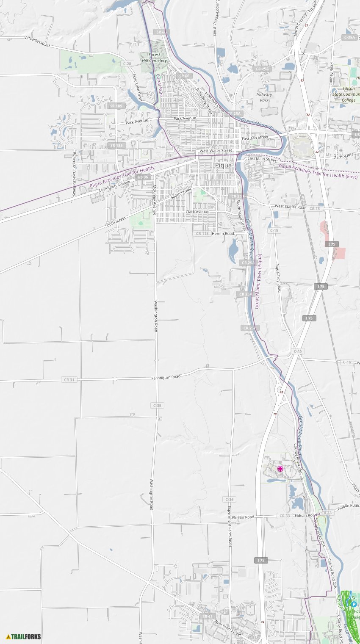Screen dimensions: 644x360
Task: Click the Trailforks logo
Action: (x=24, y=636)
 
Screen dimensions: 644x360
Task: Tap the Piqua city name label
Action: (x=223, y=165)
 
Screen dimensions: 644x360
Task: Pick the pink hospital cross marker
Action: (x=280, y=468)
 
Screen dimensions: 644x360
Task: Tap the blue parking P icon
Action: (x=354, y=605)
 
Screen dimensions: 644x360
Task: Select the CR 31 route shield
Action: (x=69, y=380)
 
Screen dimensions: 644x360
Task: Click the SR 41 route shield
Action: (x=207, y=616)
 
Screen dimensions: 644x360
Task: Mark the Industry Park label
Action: (x=264, y=97)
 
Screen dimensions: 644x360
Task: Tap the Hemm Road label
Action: (x=223, y=233)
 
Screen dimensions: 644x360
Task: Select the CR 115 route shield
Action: (x=202, y=233)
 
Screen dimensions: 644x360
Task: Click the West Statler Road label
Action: (x=290, y=207)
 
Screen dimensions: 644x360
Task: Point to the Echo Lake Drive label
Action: (x=137, y=87)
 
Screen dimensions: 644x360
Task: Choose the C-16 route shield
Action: (x=347, y=362)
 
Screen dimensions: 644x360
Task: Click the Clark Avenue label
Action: (x=197, y=212)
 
